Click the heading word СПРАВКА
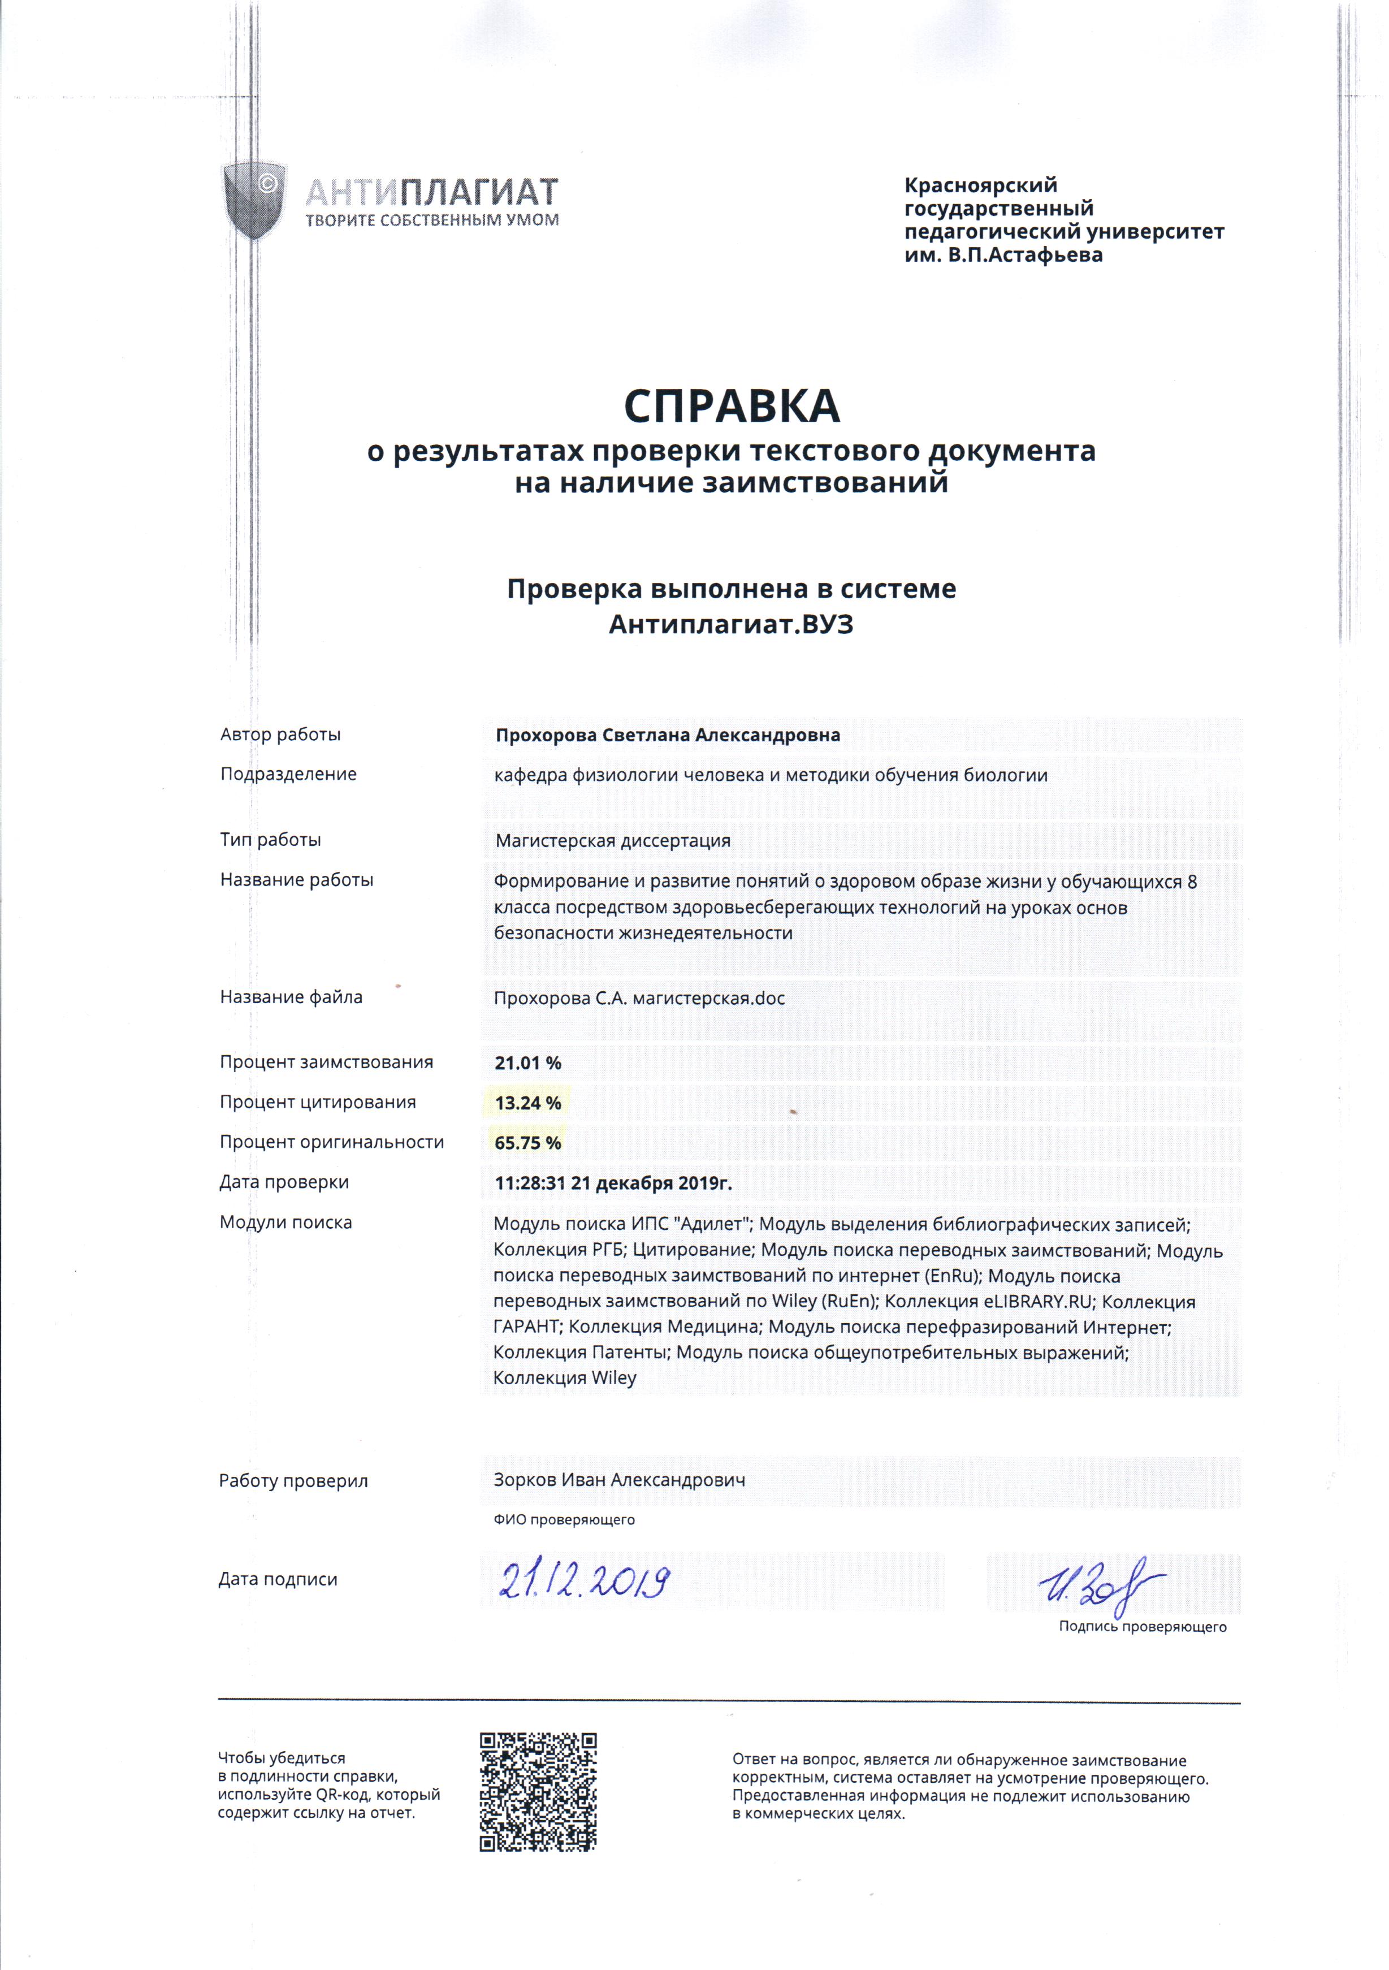[732, 406]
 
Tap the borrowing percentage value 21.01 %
[527, 1063]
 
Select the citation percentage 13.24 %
[527, 1103]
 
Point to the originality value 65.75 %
[527, 1143]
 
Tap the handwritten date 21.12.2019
[583, 1580]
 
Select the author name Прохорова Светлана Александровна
[668, 735]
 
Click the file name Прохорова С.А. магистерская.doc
[639, 999]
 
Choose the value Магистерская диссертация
[613, 841]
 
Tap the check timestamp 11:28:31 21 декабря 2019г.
[613, 1183]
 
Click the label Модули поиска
[285, 1222]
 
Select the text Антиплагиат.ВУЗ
[731, 625]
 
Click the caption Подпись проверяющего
[1142, 1627]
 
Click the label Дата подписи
[278, 1580]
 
